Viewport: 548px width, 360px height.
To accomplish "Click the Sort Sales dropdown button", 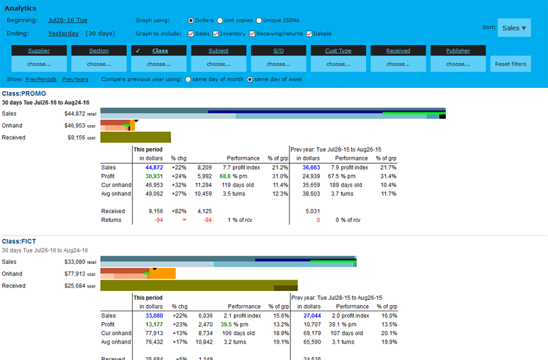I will pyautogui.click(x=513, y=28).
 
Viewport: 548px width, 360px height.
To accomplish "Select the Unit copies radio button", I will pyautogui.click(x=220, y=21).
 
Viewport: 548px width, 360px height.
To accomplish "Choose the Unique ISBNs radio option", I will pyautogui.click(x=259, y=21).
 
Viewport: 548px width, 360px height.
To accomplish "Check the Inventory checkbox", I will pyautogui.click(x=216, y=34).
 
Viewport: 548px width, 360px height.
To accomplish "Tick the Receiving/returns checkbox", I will pyautogui.click(x=252, y=34).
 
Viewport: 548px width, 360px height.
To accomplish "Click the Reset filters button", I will pyautogui.click(x=510, y=64).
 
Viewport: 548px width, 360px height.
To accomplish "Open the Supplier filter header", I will pyautogui.click(x=39, y=51).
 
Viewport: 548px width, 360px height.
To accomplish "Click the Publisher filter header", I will pyautogui.click(x=458, y=51).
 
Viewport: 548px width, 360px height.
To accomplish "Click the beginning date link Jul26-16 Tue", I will pyautogui.click(x=68, y=21).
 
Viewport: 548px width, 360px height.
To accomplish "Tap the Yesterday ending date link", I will pyautogui.click(x=63, y=33).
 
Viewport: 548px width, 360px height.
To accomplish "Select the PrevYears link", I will pyautogui.click(x=75, y=79).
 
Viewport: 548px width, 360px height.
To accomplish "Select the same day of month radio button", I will pyautogui.click(x=189, y=80).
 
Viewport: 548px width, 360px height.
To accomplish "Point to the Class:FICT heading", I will pyautogui.click(x=19, y=241).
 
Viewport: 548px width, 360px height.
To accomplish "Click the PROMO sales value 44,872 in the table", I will pyautogui.click(x=154, y=167).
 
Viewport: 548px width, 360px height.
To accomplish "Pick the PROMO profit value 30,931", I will pyautogui.click(x=154, y=176).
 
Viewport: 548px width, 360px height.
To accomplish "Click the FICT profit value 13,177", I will pyautogui.click(x=154, y=324).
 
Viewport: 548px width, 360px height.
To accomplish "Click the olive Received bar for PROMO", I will pyautogui.click(x=135, y=137).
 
